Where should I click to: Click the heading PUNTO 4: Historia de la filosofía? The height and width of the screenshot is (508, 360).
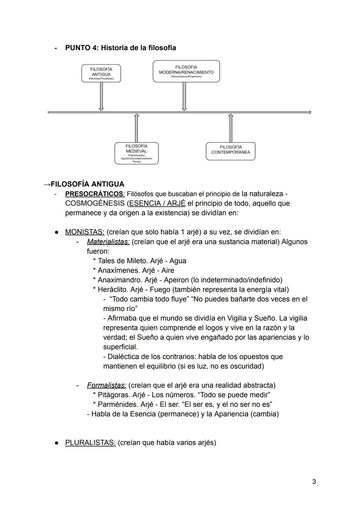point(120,48)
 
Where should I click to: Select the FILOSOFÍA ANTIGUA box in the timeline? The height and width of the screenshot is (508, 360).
point(101,73)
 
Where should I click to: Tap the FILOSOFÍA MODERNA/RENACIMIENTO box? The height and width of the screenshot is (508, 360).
point(186,71)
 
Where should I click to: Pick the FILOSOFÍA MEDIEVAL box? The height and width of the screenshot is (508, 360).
point(136,153)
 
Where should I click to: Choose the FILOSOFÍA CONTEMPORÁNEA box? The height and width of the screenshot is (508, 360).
point(230,151)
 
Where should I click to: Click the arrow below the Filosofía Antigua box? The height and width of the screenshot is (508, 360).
point(101,96)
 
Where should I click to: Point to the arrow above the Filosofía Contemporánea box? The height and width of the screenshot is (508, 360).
point(230,128)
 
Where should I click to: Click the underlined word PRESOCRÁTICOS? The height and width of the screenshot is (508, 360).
point(94,194)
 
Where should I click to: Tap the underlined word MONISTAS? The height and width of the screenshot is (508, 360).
point(85,232)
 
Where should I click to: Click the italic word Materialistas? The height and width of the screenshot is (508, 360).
point(108,242)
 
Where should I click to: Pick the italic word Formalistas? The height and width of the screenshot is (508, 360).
point(106,385)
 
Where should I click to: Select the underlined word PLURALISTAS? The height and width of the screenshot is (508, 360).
point(90,443)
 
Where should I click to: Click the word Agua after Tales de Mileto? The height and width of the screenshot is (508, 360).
point(178,261)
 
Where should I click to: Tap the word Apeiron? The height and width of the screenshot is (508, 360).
point(176,280)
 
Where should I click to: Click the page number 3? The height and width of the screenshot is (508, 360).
point(314,482)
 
